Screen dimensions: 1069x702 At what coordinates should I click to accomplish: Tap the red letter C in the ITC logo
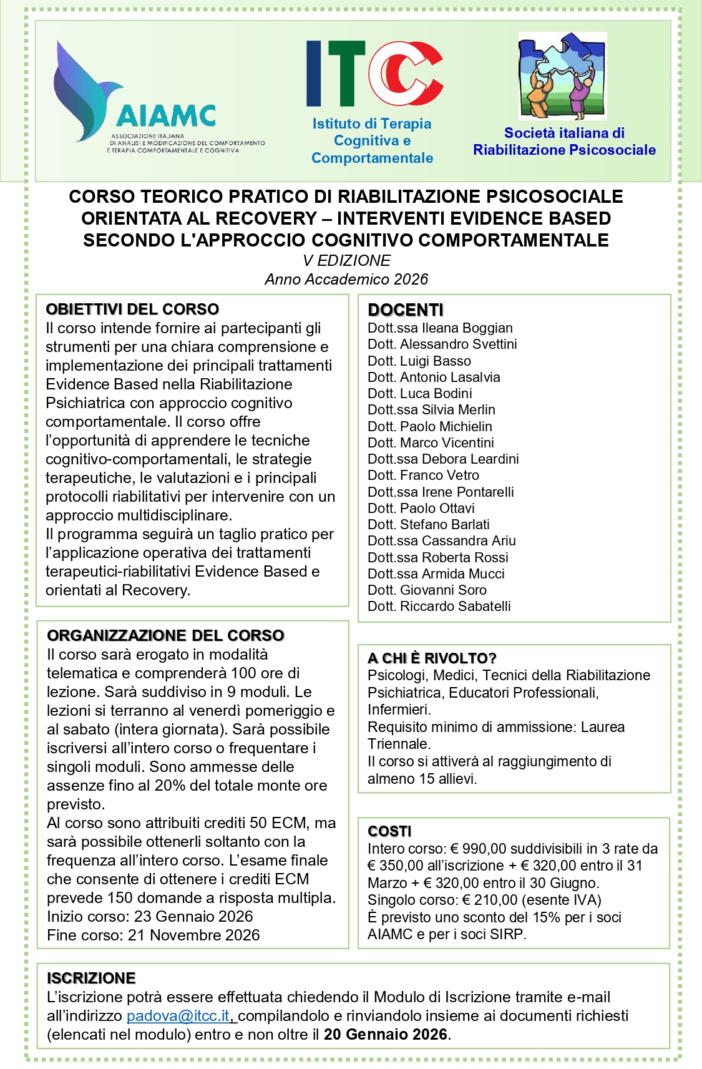tap(406, 73)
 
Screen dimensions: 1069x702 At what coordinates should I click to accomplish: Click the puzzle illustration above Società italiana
tap(562, 76)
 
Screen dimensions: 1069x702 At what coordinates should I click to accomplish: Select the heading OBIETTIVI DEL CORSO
tap(132, 310)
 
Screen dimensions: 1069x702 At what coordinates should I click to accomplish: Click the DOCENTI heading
tap(406, 310)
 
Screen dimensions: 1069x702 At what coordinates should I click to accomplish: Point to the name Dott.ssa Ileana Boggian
tap(440, 328)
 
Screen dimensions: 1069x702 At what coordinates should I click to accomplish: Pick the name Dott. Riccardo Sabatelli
tap(439, 606)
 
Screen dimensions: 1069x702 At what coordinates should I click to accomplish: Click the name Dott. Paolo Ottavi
tap(421, 508)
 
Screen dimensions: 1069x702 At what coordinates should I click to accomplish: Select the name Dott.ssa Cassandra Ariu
tap(442, 540)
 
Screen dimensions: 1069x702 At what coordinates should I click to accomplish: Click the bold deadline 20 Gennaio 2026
tap(386, 1035)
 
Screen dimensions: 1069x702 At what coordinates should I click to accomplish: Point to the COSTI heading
tap(389, 831)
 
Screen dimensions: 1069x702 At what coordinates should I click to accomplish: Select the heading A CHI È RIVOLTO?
tap(432, 658)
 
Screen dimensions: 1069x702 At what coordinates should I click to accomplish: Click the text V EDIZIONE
tap(347, 261)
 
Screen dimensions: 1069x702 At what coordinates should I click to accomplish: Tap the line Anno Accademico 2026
tap(347, 280)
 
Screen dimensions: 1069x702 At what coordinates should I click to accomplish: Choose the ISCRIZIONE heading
tap(91, 978)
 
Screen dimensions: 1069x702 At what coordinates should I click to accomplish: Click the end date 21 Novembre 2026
tap(194, 935)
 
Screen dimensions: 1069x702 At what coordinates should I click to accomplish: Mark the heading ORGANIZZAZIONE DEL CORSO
tap(166, 635)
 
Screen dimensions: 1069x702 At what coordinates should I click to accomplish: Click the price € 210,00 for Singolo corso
tap(490, 900)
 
